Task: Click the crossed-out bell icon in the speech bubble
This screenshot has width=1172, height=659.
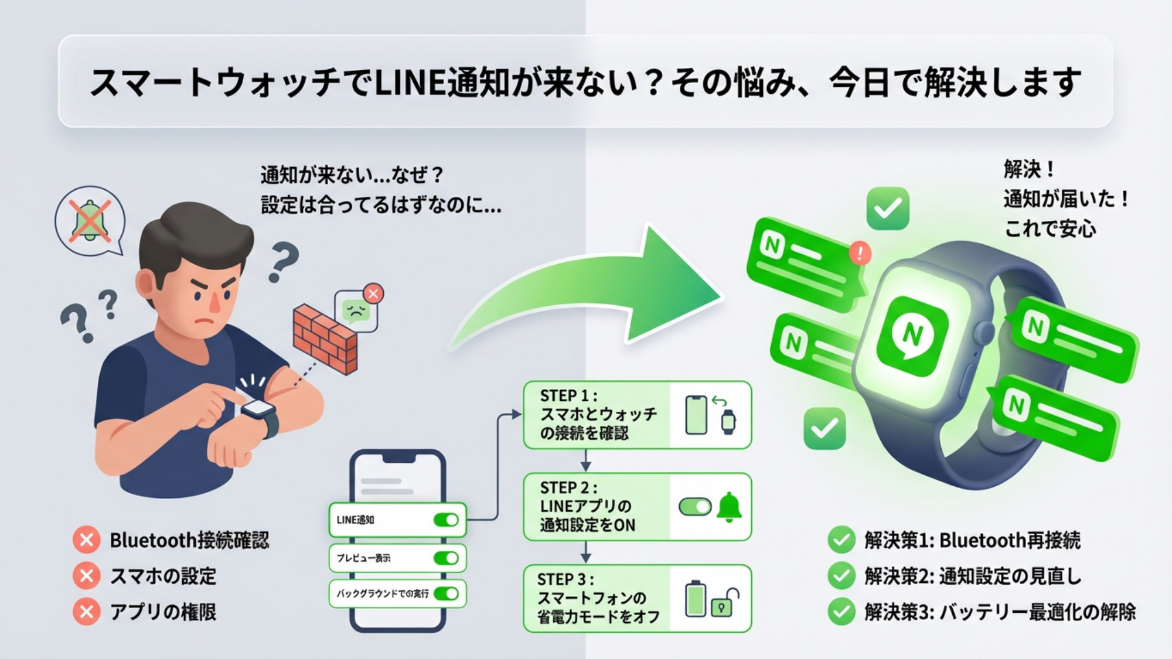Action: coord(89,220)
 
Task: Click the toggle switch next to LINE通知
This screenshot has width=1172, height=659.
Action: coord(446,520)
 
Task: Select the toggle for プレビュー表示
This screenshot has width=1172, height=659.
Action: coord(446,558)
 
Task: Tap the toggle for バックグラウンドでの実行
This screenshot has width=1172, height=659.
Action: coord(446,593)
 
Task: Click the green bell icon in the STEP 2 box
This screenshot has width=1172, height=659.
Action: coord(729,507)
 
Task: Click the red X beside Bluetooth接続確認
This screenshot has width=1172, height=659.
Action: coord(87,540)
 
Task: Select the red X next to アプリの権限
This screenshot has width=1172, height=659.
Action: coord(87,612)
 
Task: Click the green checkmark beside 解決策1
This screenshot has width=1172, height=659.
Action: coord(841,540)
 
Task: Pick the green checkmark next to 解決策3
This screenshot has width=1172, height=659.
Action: coord(841,612)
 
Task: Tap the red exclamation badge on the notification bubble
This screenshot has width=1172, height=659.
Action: coord(860,253)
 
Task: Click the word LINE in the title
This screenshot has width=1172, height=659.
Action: coord(410,83)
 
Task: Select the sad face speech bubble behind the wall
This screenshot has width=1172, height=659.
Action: coord(356,311)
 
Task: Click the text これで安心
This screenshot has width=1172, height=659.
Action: coord(1050,229)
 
